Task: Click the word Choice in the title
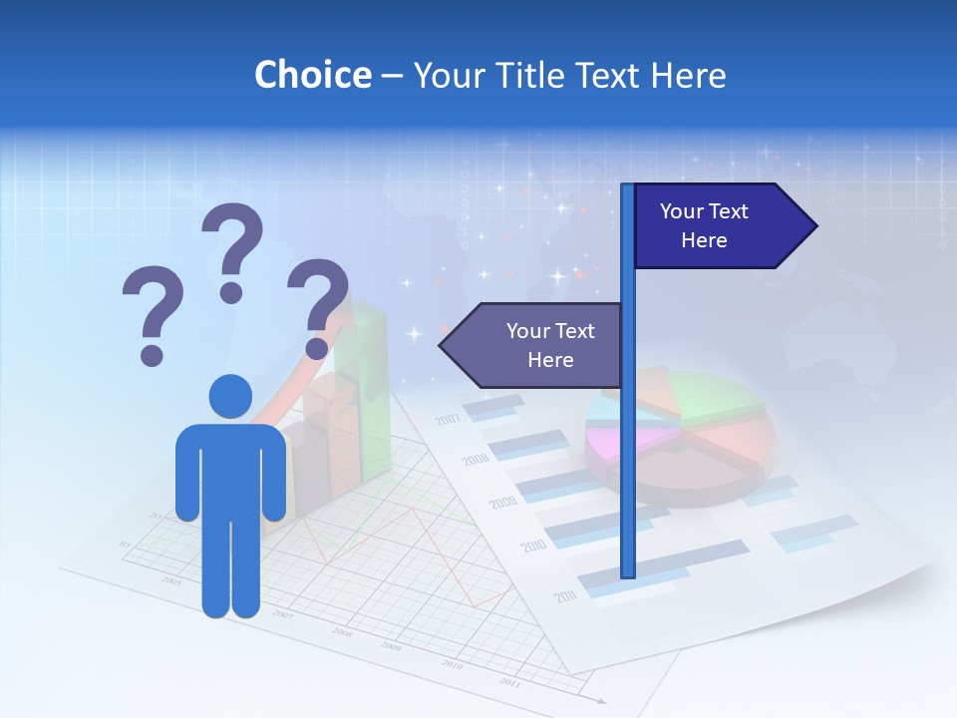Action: (x=312, y=75)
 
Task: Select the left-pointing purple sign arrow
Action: (x=533, y=345)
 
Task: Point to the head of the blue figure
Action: (x=230, y=396)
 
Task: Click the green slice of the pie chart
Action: (x=718, y=395)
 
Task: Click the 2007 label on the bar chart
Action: (x=448, y=419)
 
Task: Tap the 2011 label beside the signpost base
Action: (x=565, y=597)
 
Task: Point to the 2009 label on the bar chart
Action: (x=503, y=502)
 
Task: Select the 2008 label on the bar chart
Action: (x=476, y=460)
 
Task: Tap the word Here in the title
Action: (x=688, y=75)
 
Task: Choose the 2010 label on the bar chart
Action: (x=533, y=546)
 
